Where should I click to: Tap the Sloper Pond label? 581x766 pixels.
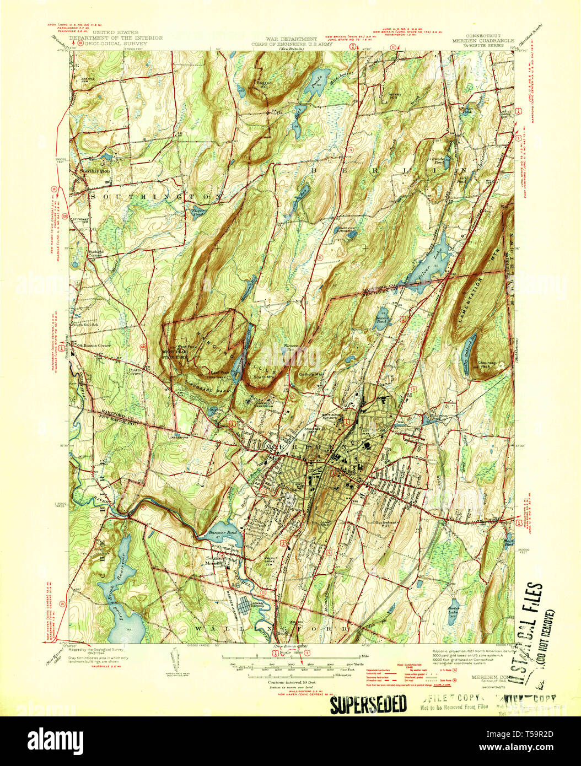click(198, 211)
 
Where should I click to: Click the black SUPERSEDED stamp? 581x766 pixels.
click(368, 704)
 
